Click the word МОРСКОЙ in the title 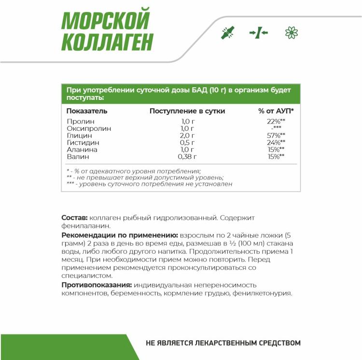[106, 21]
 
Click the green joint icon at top [227, 33]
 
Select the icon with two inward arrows [259, 33]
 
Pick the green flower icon [292, 33]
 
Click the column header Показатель [87, 111]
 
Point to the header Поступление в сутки [187, 111]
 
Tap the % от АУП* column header [276, 111]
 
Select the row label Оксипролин [89, 129]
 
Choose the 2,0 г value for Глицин [187, 136]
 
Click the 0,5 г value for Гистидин [187, 143]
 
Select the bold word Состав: [74, 218]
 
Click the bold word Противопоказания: [97, 285]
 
